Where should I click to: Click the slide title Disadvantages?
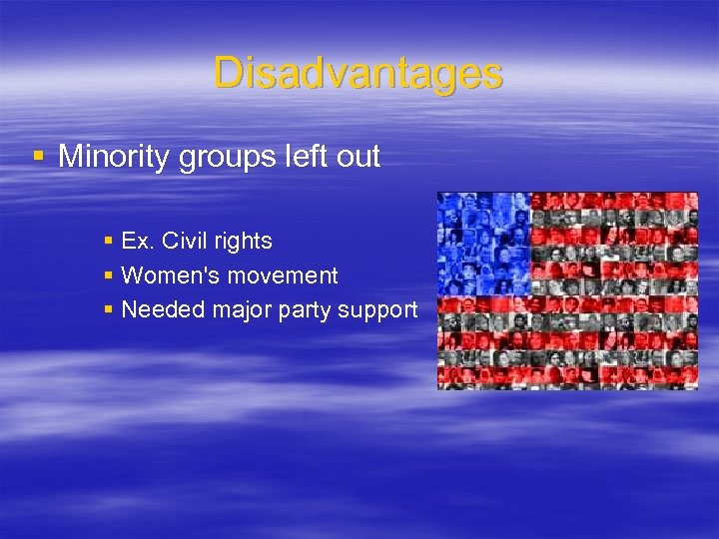point(358,73)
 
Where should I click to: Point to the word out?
point(358,157)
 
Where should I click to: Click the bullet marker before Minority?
point(39,157)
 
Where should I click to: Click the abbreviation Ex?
point(136,241)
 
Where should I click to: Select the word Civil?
point(184,241)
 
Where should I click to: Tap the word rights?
point(244,242)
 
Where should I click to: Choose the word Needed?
point(158,309)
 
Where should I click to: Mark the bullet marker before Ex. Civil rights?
point(109,241)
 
